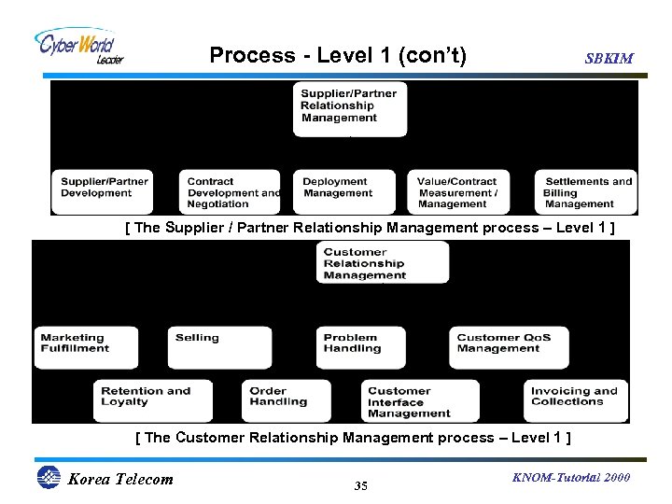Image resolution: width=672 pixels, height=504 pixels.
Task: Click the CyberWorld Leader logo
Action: [78, 46]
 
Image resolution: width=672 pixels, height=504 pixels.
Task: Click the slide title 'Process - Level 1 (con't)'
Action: [337, 55]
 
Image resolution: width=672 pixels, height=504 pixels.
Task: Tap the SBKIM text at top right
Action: [609, 58]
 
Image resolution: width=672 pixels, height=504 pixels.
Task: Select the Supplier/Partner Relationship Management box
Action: [350, 107]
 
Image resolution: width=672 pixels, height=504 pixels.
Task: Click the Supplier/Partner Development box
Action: [103, 191]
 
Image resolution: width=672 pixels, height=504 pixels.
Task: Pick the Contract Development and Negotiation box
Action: [232, 192]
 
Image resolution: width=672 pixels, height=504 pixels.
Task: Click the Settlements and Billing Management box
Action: [586, 192]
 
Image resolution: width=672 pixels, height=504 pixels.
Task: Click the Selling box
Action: [206, 346]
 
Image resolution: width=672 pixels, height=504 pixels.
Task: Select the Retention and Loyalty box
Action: [155, 399]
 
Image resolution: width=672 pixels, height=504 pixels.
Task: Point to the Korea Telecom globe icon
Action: [48, 478]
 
